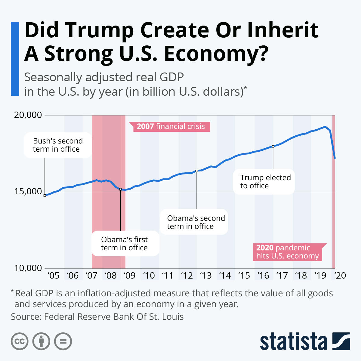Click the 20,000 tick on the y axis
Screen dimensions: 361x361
click(x=28, y=115)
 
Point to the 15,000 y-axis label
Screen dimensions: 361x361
click(x=28, y=192)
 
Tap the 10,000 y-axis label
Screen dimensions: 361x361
click(x=28, y=268)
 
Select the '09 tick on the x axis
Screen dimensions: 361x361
click(x=129, y=275)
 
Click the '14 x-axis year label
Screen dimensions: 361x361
click(x=225, y=275)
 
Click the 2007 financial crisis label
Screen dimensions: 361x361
click(x=170, y=127)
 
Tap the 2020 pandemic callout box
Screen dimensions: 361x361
click(x=288, y=252)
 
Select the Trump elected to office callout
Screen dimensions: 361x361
click(x=264, y=182)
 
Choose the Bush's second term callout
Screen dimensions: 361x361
click(x=58, y=145)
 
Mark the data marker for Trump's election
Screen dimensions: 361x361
click(x=273, y=146)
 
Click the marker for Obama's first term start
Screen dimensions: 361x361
click(x=120, y=189)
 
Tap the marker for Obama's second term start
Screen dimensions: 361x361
click(x=197, y=171)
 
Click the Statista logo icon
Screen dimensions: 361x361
click(x=341, y=341)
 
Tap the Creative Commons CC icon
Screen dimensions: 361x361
click(x=20, y=341)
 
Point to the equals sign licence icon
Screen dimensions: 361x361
click(x=63, y=341)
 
